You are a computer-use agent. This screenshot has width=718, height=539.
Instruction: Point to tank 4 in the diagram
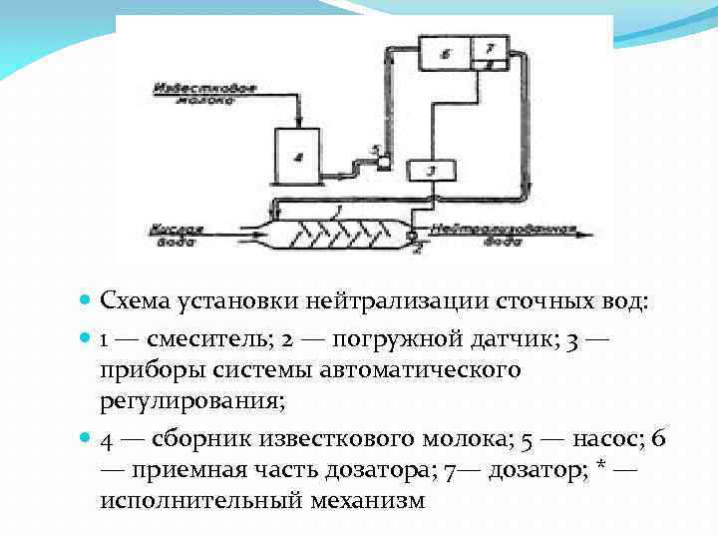296,156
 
